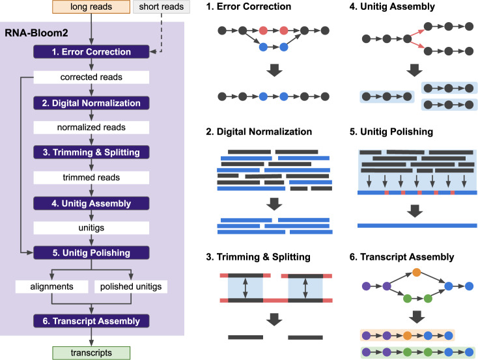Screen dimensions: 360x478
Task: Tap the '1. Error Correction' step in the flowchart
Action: (x=91, y=52)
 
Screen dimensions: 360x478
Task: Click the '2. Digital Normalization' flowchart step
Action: (x=91, y=102)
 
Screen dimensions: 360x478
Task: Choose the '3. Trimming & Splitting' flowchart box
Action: (x=91, y=152)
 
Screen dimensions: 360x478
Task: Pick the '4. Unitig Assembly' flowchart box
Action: (x=91, y=203)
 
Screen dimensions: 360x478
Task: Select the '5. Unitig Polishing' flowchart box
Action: (x=91, y=253)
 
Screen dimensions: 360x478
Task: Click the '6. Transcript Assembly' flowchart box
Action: (x=91, y=320)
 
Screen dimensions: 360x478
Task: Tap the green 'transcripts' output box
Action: (x=91, y=353)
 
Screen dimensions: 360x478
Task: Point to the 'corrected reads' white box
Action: (x=91, y=77)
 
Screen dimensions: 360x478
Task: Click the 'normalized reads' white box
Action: (x=91, y=127)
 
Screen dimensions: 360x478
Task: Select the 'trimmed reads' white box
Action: (x=91, y=178)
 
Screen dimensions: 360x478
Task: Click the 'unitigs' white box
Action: (x=91, y=228)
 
